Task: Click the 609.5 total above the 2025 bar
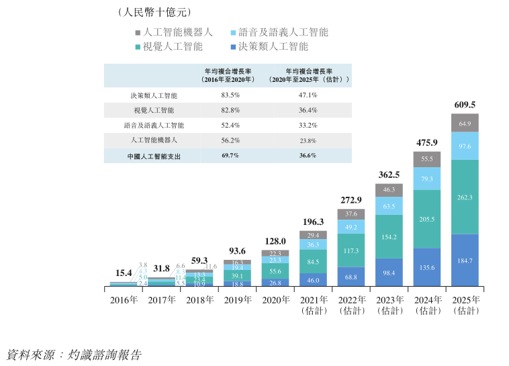click(465, 105)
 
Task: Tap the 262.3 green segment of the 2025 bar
click(465, 197)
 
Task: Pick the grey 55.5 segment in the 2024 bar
click(427, 159)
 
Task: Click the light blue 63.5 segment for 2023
click(389, 207)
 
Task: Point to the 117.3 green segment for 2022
click(352, 251)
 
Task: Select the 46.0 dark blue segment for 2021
click(314, 279)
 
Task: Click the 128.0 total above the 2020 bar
click(276, 241)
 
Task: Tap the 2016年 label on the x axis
click(124, 300)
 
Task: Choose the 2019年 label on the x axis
click(238, 300)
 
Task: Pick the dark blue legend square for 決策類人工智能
click(233, 47)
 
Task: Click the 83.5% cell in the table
click(230, 95)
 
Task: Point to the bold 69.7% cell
click(230, 155)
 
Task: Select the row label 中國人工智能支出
click(154, 155)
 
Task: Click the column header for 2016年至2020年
click(230, 75)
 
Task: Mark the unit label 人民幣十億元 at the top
click(154, 12)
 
